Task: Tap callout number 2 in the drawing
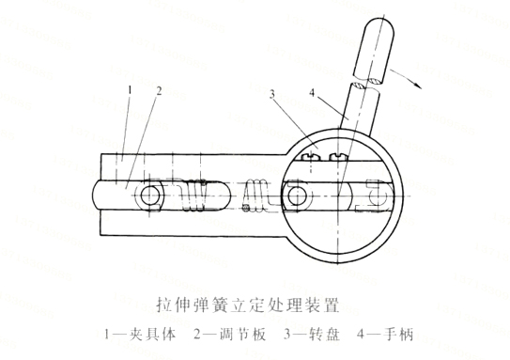159,92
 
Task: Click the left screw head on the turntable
312,157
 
